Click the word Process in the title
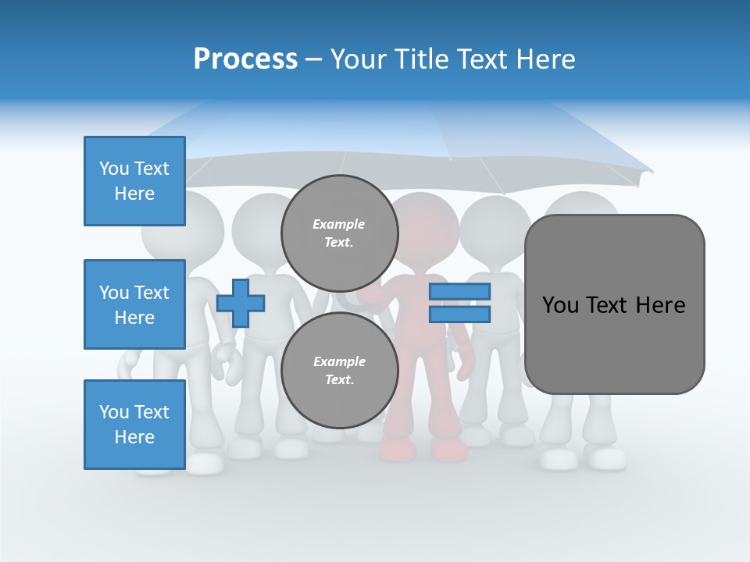tap(245, 59)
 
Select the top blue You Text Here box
tap(134, 181)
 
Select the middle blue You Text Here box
tap(134, 304)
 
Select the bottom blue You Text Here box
tap(134, 425)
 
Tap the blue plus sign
tap(241, 303)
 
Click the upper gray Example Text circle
tap(339, 233)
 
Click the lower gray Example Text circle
tap(339, 371)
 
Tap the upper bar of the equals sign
tap(459, 292)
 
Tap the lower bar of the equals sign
tap(459, 315)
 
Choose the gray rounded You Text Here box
tap(614, 304)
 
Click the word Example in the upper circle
tap(339, 224)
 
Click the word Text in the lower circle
tap(339, 380)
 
